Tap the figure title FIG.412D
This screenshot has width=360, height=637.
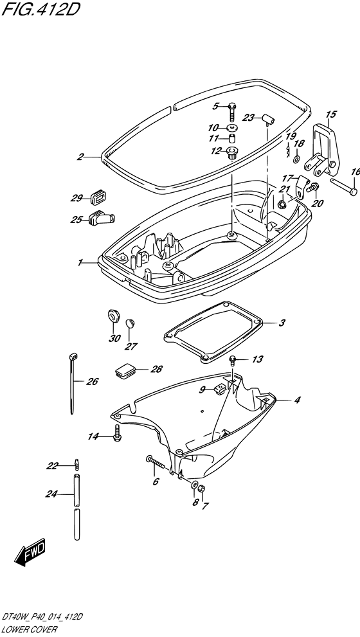tap(40, 9)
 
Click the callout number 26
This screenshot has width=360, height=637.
tap(92, 382)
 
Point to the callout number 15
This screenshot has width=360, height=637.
tap(331, 114)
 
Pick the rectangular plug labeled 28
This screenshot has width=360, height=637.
tap(125, 371)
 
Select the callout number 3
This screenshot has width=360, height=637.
tap(282, 323)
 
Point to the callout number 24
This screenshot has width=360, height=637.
tap(52, 494)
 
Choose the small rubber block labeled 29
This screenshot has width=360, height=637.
tap(98, 197)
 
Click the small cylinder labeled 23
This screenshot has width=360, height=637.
tap(268, 120)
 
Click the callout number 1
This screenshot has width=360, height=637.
tap(80, 263)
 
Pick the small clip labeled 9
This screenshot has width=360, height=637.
tap(219, 389)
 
